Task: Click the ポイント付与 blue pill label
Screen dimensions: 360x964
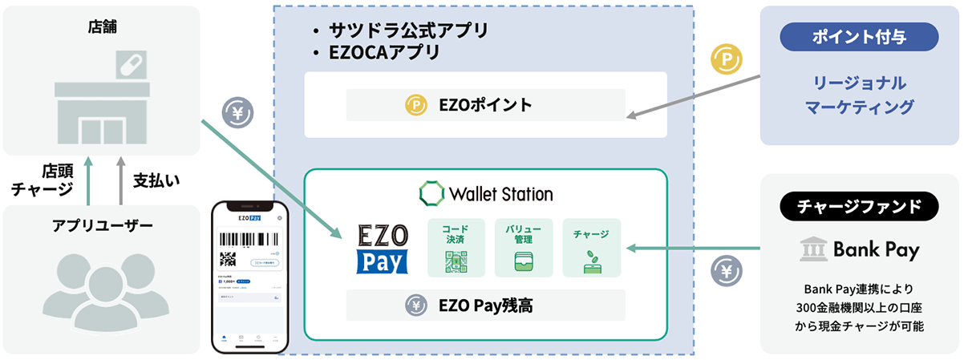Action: (x=859, y=36)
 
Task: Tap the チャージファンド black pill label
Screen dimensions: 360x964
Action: (x=859, y=207)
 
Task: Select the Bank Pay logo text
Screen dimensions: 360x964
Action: (x=860, y=249)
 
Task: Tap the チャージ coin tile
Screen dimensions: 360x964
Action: (x=591, y=248)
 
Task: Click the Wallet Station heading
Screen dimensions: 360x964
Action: (x=485, y=193)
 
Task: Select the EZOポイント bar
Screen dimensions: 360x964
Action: (x=485, y=105)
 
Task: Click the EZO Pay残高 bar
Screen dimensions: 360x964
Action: (x=485, y=305)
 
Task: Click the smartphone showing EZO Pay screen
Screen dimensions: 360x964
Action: (x=249, y=277)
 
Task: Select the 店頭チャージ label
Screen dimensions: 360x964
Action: (x=45, y=180)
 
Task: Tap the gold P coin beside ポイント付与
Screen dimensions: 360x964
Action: (x=727, y=59)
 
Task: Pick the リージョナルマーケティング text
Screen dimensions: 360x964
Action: (x=859, y=95)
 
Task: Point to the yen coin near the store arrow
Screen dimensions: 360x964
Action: (x=237, y=113)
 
